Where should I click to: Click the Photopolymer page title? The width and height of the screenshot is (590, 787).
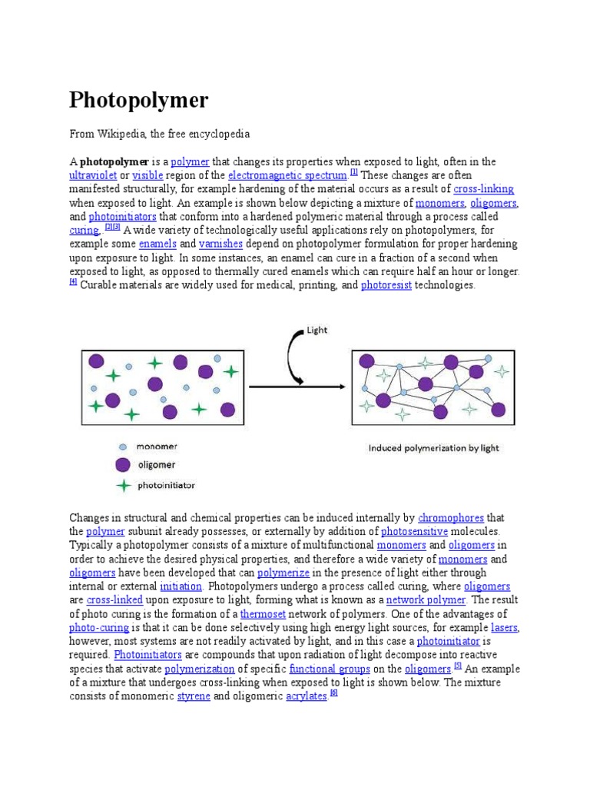tap(138, 100)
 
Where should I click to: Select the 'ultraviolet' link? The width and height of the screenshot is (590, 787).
tap(93, 175)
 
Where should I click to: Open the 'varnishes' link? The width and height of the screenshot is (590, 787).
tap(220, 244)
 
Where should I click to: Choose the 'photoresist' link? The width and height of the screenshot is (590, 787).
tap(386, 285)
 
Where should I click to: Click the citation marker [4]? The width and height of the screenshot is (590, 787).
tap(73, 282)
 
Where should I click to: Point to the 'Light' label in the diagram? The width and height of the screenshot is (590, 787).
tap(317, 330)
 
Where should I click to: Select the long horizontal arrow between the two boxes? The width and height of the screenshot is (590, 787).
tap(296, 386)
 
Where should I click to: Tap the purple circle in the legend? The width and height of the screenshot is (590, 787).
tap(122, 464)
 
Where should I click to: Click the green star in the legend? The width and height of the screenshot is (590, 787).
tap(122, 485)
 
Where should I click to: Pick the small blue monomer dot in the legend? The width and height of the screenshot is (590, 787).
tap(122, 446)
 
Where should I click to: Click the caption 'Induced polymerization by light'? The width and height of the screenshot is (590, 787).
tap(433, 448)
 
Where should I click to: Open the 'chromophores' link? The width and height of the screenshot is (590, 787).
tap(451, 518)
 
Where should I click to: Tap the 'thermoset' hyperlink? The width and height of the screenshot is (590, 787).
tap(263, 613)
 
